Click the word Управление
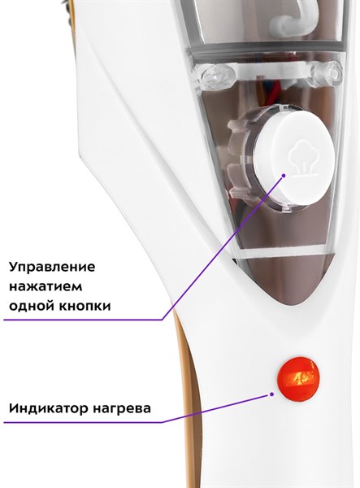tap(52, 268)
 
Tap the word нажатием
tap(46, 286)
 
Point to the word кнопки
tap(85, 307)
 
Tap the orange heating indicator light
tap(298, 378)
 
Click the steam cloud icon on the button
tap(301, 161)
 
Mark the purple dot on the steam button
tap(284, 176)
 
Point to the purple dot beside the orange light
tap(271, 394)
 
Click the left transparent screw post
tap(219, 75)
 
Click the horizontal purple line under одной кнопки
tap(83, 320)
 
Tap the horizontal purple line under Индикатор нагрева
tap(83, 422)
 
